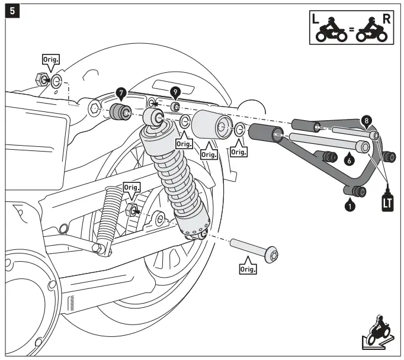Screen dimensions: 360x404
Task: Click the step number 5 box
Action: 10,11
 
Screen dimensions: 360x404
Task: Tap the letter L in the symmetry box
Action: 318,18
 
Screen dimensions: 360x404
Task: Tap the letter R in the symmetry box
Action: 387,18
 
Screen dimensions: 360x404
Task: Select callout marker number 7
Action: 121,92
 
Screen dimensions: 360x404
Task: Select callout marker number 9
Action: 175,92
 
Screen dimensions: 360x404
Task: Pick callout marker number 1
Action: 350,206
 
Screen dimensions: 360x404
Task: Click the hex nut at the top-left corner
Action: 41,78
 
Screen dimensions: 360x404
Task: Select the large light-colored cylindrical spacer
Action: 213,125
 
